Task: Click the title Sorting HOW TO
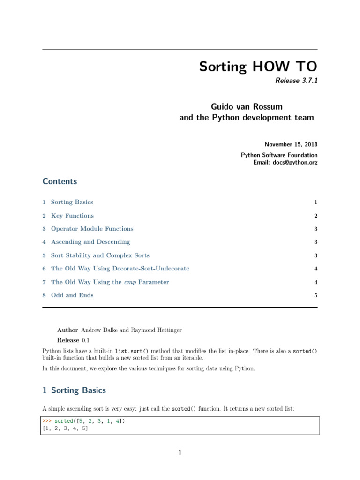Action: click(x=258, y=66)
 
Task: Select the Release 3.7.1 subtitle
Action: click(x=296, y=81)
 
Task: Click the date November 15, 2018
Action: click(x=291, y=144)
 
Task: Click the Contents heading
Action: click(x=60, y=181)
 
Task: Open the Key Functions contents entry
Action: click(x=72, y=216)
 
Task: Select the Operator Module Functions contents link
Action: click(x=92, y=229)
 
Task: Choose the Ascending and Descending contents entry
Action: click(x=90, y=242)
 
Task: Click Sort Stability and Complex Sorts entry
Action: click(x=100, y=255)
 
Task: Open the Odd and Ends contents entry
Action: click(x=72, y=295)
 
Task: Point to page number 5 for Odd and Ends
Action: click(x=316, y=295)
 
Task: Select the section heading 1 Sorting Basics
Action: click(x=74, y=390)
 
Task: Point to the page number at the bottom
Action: click(x=180, y=452)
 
